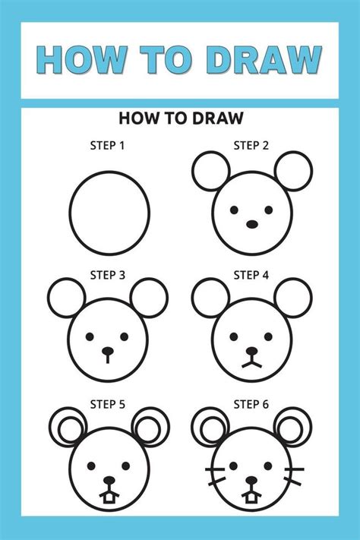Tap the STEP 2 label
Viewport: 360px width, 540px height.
pyautogui.click(x=251, y=145)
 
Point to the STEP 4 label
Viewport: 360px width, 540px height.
pyautogui.click(x=251, y=275)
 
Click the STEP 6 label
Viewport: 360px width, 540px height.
pyautogui.click(x=251, y=404)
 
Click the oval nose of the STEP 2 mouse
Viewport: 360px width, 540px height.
pyautogui.click(x=251, y=225)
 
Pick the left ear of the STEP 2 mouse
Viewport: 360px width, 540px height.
pyautogui.click(x=210, y=172)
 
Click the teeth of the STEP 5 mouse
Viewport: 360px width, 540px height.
pyautogui.click(x=110, y=497)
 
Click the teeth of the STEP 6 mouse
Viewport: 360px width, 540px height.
pyautogui.click(x=251, y=497)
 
